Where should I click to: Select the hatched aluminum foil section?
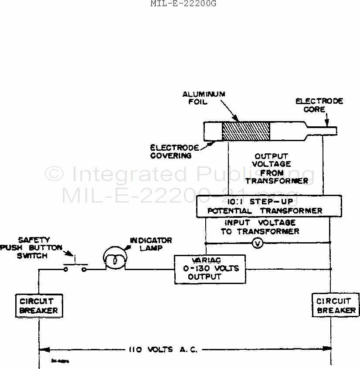click(246, 131)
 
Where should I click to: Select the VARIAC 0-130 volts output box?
click(209, 269)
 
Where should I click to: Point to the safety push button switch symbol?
click(75, 267)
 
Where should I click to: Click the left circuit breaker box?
click(38, 305)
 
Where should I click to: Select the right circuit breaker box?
click(336, 305)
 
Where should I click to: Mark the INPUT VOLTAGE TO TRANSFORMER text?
click(260, 227)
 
